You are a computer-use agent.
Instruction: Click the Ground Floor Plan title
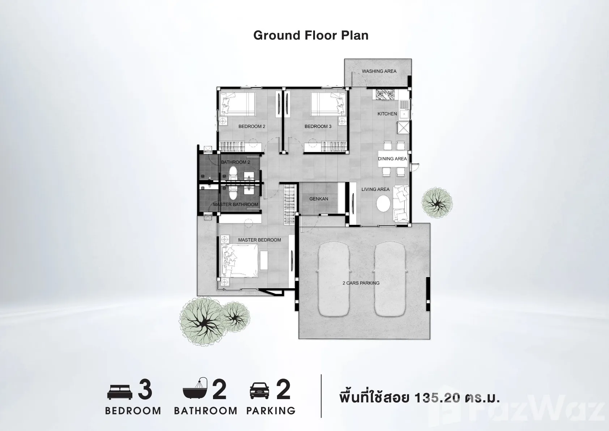(x=311, y=35)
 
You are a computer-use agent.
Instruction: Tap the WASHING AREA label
(x=379, y=71)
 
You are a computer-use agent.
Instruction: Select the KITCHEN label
(x=387, y=114)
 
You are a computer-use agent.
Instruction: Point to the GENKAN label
(x=319, y=199)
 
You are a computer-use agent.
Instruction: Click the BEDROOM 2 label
(x=252, y=126)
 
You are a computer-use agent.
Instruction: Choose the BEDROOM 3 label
(x=318, y=126)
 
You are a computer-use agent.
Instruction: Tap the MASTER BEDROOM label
(x=259, y=240)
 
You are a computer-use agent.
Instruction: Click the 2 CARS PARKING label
(x=361, y=283)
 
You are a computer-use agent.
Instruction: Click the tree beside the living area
(x=437, y=202)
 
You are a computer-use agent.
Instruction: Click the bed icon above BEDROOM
(x=120, y=392)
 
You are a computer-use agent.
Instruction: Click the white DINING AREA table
(x=393, y=159)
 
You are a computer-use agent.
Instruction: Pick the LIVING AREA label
(x=375, y=189)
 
